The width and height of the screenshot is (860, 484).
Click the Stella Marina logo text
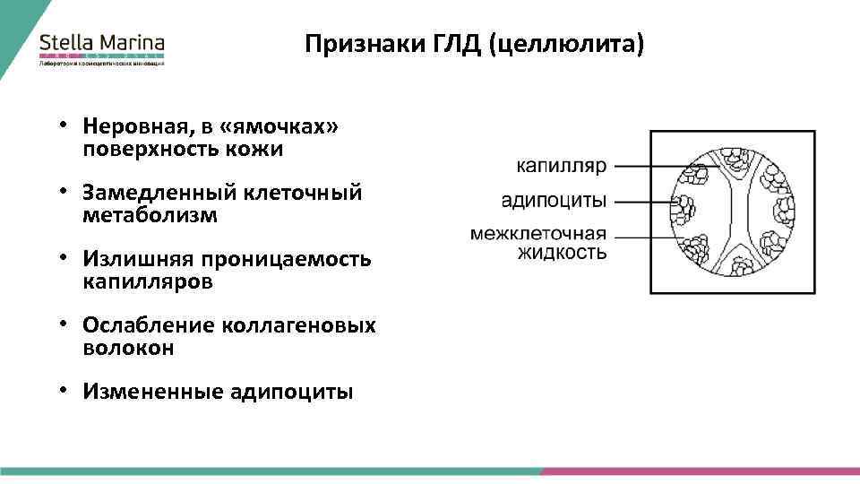coord(101,42)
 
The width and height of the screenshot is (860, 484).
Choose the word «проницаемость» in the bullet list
coord(284,259)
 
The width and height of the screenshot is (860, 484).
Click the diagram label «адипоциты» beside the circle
coord(554,200)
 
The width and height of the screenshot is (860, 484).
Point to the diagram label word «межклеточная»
coord(539,234)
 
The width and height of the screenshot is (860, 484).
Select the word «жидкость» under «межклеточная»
coord(562,252)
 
